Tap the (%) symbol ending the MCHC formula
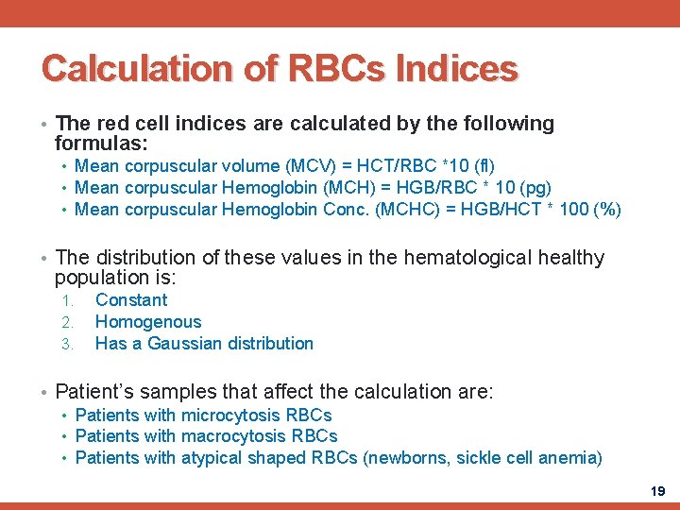607,209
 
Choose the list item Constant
131,300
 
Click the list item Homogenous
148,322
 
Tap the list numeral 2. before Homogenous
67,323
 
